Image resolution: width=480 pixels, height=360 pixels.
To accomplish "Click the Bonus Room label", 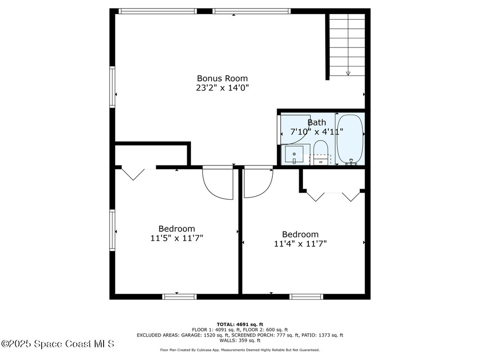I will [x=222, y=78].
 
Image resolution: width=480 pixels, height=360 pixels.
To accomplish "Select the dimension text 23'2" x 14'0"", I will [x=222, y=88].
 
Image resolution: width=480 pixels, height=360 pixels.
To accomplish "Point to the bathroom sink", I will [x=294, y=154].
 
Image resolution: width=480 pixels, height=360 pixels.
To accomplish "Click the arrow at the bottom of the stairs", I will [x=348, y=73].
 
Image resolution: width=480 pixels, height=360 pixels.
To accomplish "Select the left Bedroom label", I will [x=176, y=229].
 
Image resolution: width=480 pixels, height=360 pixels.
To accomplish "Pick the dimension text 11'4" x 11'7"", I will [x=300, y=243].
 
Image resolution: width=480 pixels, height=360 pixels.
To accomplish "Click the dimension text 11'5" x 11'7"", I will [x=176, y=238].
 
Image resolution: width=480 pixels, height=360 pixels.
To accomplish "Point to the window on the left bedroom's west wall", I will [x=112, y=230].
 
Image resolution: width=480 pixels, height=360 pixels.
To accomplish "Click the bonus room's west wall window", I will [x=112, y=87].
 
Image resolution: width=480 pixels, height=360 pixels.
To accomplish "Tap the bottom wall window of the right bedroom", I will [x=306, y=296].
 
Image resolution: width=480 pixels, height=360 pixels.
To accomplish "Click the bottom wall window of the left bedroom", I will [x=179, y=296].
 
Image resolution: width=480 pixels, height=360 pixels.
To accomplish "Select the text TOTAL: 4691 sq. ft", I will [x=240, y=324].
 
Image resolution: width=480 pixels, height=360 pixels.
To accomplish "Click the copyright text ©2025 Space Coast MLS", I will [x=58, y=344].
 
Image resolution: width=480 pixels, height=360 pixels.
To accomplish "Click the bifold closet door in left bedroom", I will [x=134, y=173].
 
